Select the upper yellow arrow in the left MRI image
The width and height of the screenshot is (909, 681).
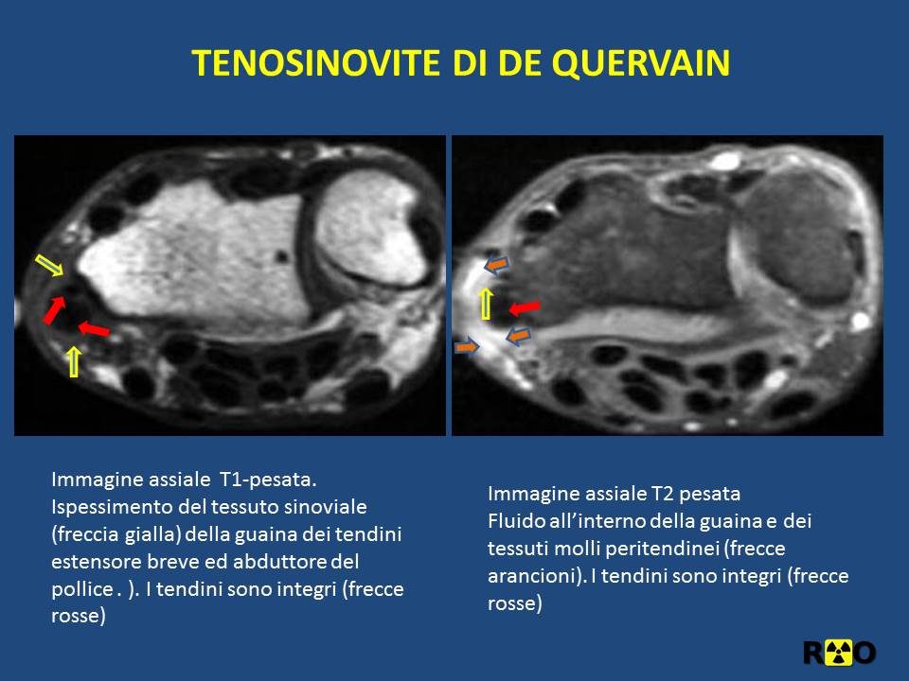(49, 265)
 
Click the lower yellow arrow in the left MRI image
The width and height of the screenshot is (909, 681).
(74, 361)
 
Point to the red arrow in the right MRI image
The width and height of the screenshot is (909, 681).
(524, 307)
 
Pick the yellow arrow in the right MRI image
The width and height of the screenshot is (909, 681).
(486, 304)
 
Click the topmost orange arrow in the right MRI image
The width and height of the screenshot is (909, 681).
(496, 265)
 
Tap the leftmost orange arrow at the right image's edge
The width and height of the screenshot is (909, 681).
(467, 347)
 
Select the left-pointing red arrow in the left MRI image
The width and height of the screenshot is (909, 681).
(94, 329)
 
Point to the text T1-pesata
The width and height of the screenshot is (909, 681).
(268, 480)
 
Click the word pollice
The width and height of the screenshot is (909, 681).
(81, 589)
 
